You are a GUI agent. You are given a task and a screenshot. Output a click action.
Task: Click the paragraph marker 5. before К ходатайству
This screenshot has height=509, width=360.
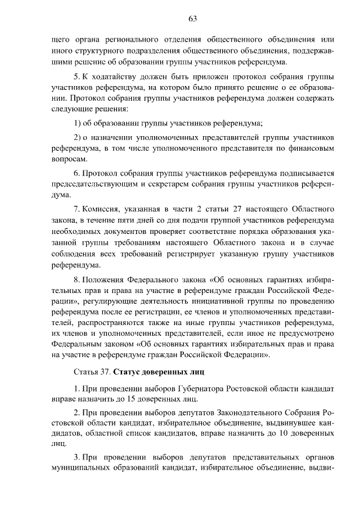78,76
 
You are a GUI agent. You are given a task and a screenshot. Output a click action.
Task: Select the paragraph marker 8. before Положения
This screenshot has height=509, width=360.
78,280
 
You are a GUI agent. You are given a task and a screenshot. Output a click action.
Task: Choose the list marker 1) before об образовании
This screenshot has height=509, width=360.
78,123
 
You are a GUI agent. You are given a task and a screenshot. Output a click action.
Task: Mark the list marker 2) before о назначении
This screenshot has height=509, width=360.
78,137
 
